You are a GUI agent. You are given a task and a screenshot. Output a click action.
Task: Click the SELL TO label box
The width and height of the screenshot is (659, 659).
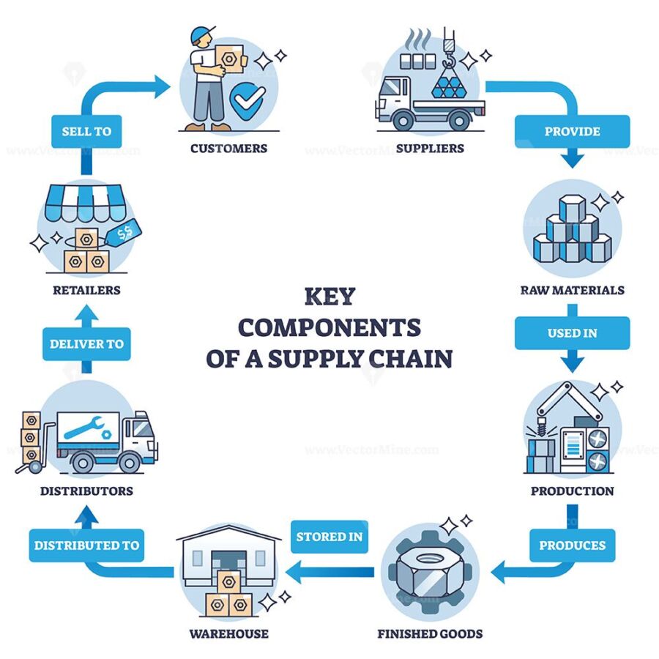[x=86, y=131]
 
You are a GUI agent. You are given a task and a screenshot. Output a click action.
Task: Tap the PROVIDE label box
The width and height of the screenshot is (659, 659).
[x=572, y=131]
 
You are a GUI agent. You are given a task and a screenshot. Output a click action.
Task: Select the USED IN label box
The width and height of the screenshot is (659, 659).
[x=572, y=333]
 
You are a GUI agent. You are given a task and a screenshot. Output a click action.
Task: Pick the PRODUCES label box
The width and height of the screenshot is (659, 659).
[x=572, y=545]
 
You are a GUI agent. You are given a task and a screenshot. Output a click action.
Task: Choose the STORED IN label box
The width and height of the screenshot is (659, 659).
[x=329, y=537]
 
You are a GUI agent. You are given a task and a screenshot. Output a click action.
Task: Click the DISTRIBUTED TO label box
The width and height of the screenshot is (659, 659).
[x=86, y=545]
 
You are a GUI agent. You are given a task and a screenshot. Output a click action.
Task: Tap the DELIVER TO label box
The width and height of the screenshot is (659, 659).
[x=86, y=344]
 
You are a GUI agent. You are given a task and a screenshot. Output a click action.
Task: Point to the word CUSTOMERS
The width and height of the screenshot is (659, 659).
[x=228, y=149]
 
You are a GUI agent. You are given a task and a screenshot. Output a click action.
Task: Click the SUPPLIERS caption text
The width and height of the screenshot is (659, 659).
[x=430, y=149]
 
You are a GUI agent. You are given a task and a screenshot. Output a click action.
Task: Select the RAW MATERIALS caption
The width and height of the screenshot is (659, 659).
[x=572, y=290]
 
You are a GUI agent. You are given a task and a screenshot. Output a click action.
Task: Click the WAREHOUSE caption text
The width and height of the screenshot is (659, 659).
[x=228, y=633]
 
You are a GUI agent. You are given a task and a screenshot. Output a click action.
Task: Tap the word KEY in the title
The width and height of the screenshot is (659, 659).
[x=330, y=297]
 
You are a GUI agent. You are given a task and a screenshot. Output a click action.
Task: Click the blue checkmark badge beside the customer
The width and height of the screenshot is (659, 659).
[x=247, y=101]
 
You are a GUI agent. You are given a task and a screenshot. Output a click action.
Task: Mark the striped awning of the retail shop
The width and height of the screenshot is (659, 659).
[x=84, y=203]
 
